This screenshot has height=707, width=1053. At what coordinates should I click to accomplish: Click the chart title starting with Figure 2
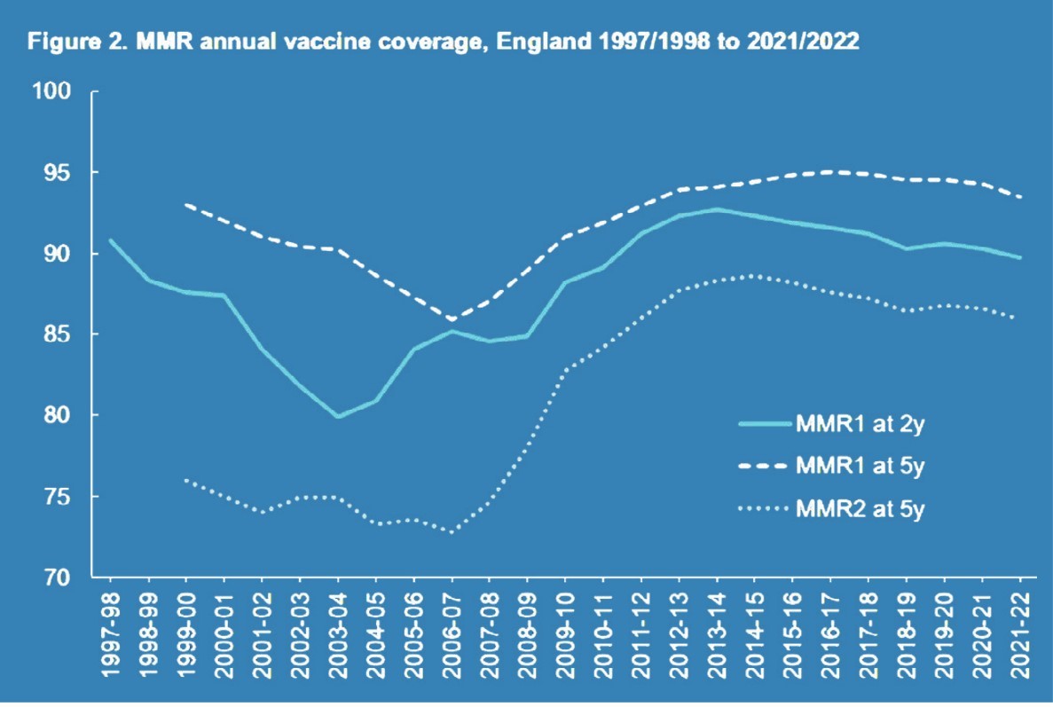click(444, 42)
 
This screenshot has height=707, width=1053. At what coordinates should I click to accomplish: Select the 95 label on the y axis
click(64, 173)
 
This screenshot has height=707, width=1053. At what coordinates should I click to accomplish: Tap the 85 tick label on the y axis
click(64, 334)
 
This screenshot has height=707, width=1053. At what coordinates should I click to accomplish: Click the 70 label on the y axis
click(64, 577)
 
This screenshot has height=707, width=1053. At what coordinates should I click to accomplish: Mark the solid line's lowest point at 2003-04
click(338, 416)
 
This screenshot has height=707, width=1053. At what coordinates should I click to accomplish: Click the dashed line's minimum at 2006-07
click(452, 319)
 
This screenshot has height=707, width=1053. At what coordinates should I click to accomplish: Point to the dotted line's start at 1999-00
click(186, 480)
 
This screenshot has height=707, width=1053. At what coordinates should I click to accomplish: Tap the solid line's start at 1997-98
click(111, 240)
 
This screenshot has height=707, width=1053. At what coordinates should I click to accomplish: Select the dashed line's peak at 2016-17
click(830, 171)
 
